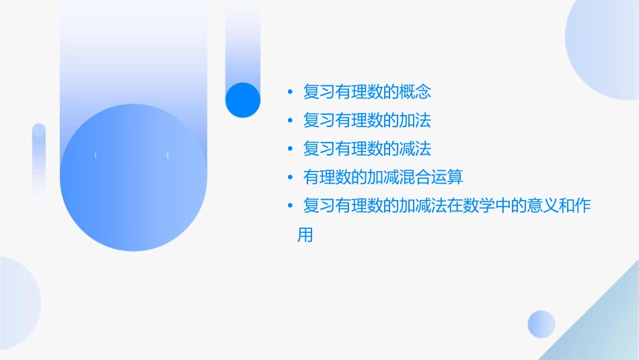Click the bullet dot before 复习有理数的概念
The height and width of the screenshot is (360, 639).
tap(289, 92)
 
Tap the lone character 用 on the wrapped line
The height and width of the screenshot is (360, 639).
tap(305, 236)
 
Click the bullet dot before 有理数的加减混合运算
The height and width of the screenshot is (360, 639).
tap(289, 177)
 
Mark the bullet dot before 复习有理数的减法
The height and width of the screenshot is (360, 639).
tap(289, 149)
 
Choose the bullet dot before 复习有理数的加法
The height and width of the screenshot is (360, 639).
tap(289, 120)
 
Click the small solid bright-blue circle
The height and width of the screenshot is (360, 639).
tap(242, 100)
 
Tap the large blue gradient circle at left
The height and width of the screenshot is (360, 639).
tap(133, 178)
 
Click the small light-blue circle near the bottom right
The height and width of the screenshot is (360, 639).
tap(541, 324)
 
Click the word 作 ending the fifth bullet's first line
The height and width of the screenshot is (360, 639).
tap(582, 205)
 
